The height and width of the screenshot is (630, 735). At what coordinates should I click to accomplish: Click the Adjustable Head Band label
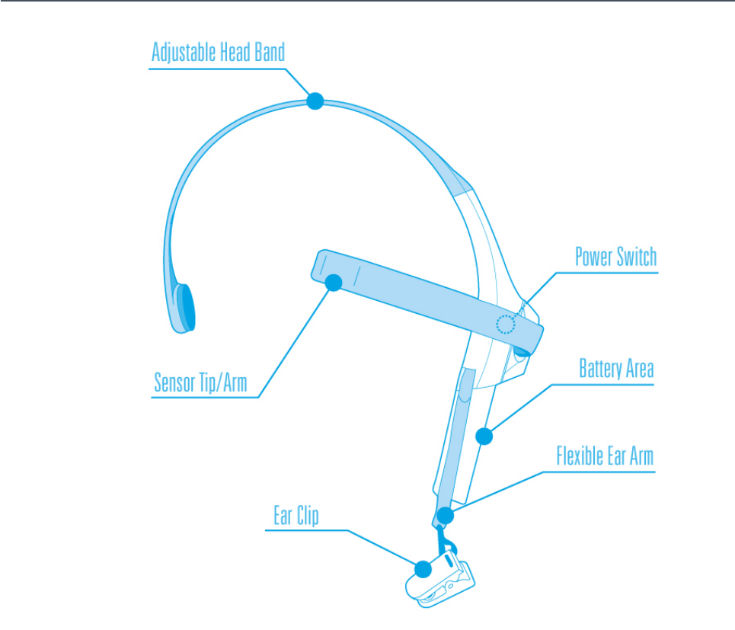tap(218, 53)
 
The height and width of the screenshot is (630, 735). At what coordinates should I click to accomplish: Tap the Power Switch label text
tap(615, 257)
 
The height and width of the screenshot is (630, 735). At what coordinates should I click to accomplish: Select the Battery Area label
tap(616, 369)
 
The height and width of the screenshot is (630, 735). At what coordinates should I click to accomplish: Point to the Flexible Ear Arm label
tap(605, 456)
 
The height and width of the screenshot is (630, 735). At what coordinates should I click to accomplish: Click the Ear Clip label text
tap(296, 516)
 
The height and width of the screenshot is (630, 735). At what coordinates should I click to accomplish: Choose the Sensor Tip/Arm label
tap(200, 382)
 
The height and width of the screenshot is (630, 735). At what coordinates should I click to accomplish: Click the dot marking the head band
tap(315, 101)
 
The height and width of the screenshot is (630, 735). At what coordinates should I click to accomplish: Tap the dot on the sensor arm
tap(333, 283)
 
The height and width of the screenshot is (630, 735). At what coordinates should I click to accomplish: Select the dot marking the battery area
tap(484, 437)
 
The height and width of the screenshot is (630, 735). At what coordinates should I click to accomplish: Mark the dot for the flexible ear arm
tap(445, 516)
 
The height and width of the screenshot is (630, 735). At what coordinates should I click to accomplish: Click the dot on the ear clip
tap(423, 568)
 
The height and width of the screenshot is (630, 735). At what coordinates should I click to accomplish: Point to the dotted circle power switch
tap(505, 325)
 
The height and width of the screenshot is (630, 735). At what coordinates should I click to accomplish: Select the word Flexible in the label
tap(580, 456)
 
